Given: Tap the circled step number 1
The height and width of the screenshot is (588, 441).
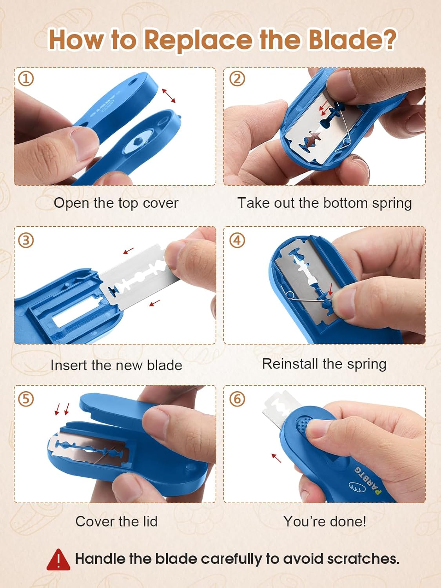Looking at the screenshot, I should coord(26,79).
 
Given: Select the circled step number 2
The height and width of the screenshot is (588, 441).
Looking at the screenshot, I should coord(237,79).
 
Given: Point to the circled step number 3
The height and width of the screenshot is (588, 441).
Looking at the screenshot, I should coord(26,240).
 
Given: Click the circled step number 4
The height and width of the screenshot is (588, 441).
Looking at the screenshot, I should coord(237,240).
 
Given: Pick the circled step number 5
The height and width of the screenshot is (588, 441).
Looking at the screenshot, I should coord(26,399).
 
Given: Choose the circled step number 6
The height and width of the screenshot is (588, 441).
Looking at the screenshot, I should coord(237,399).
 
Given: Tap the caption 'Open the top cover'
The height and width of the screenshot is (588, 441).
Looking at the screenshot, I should coord(116,203).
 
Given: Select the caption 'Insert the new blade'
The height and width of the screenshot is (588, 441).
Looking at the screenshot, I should coord(116,365).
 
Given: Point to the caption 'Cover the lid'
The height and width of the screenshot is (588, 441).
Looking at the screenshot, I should coord(116,522).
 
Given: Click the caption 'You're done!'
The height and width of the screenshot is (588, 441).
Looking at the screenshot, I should coord(325,522).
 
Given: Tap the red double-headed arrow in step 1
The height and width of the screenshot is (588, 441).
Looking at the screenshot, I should coord(169,96).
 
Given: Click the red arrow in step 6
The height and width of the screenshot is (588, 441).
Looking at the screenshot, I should coord(276,458).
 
